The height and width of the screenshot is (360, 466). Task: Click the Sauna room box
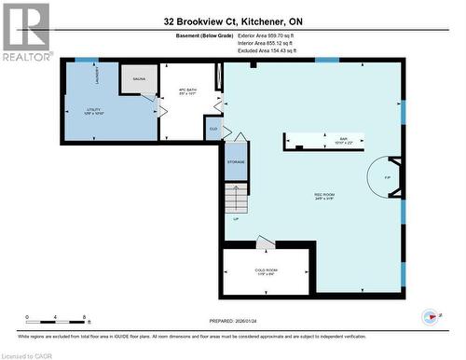point(138,81)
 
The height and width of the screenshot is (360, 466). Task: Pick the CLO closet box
point(213,129)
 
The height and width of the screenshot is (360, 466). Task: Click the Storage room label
point(236,162)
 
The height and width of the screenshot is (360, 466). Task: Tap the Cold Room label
point(266,271)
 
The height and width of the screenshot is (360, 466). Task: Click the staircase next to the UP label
point(234,198)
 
